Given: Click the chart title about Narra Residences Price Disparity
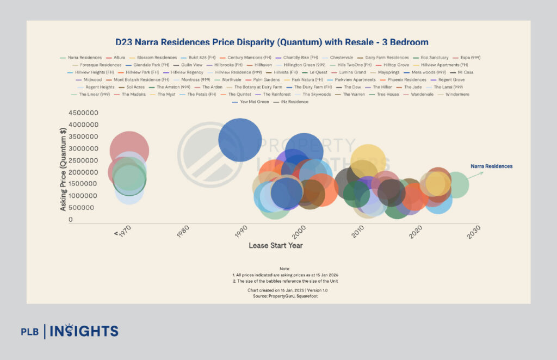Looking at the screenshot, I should tap(271, 42).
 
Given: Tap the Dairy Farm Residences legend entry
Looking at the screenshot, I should tap(387, 58).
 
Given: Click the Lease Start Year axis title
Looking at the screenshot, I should tap(276, 246).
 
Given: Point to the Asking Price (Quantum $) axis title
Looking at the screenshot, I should tap(64, 166).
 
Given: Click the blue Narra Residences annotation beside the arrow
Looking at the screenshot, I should tap(491, 166).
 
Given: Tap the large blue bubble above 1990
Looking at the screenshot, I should tap(239, 140).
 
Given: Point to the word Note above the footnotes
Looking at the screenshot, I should tap(285, 269).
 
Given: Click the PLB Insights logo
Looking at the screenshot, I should tap(69, 331).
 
